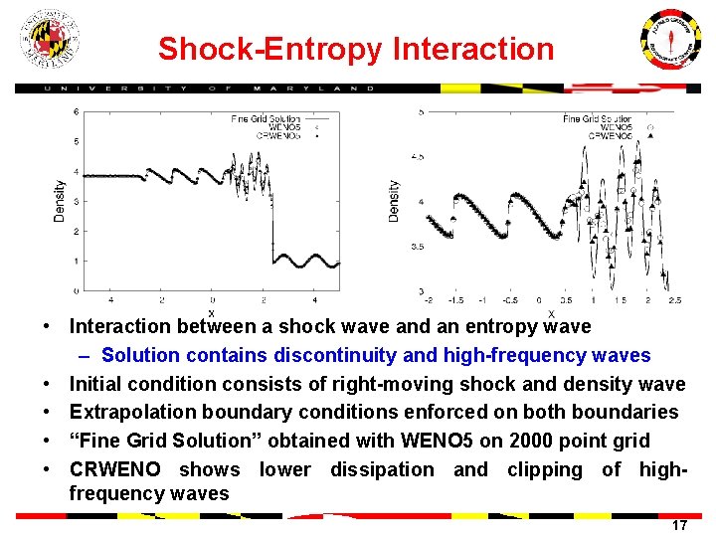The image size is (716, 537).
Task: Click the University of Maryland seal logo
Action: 49,40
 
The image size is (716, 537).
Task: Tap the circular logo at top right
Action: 668,43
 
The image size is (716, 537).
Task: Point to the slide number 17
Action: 679,524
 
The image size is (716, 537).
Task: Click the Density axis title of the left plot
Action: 60,200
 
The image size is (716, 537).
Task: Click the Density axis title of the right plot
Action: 395,200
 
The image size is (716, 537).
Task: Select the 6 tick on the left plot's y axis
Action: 77,111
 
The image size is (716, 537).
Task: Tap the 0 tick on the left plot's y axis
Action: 77,291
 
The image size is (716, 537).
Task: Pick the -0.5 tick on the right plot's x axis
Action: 509,299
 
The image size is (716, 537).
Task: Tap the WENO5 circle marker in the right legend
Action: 650,127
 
